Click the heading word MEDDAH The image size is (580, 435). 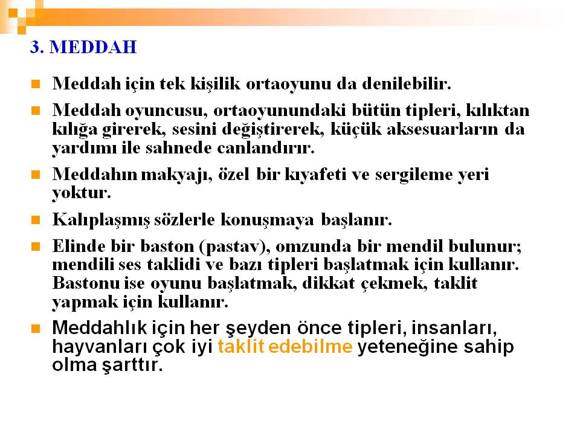[x=93, y=47]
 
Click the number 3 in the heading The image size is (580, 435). [x=35, y=47]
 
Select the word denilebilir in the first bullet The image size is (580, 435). [x=407, y=83]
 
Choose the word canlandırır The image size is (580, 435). [x=266, y=148]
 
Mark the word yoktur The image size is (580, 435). [x=82, y=193]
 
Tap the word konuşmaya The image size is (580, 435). [x=267, y=221]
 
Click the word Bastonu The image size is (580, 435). [x=86, y=283]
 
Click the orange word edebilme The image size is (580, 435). [x=311, y=347]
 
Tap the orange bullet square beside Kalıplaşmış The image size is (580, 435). [x=36, y=220]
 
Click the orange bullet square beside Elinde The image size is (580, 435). [x=36, y=246]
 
